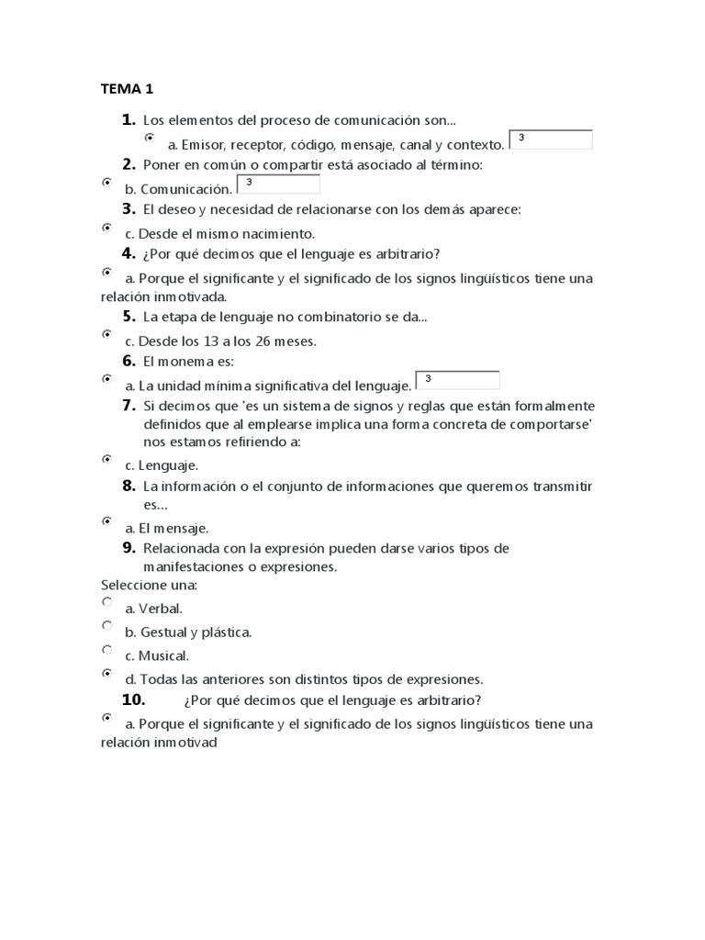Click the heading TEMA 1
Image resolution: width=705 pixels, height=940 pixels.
(127, 89)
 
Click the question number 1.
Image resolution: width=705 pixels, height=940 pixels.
(128, 119)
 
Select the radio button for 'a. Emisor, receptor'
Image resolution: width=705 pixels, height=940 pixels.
(150, 138)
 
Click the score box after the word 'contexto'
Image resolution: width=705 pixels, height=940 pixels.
(551, 140)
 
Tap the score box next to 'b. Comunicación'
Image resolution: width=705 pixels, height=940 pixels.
(278, 185)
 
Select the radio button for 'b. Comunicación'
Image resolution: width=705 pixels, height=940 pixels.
(106, 183)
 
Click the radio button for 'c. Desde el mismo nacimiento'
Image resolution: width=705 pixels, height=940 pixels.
(106, 227)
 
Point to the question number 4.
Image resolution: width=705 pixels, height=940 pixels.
(129, 253)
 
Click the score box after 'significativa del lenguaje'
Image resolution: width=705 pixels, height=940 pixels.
(457, 380)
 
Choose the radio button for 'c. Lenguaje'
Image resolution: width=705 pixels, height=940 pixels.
(106, 458)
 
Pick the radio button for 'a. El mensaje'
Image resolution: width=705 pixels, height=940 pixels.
(106, 520)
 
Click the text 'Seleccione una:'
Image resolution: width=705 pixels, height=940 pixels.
(149, 585)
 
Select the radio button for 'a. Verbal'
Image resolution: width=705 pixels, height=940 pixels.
(106, 602)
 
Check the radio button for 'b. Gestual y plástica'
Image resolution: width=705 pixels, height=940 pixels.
(106, 626)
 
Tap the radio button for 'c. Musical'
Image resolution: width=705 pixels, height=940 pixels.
(106, 650)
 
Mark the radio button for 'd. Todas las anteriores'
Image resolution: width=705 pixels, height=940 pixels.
(106, 673)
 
